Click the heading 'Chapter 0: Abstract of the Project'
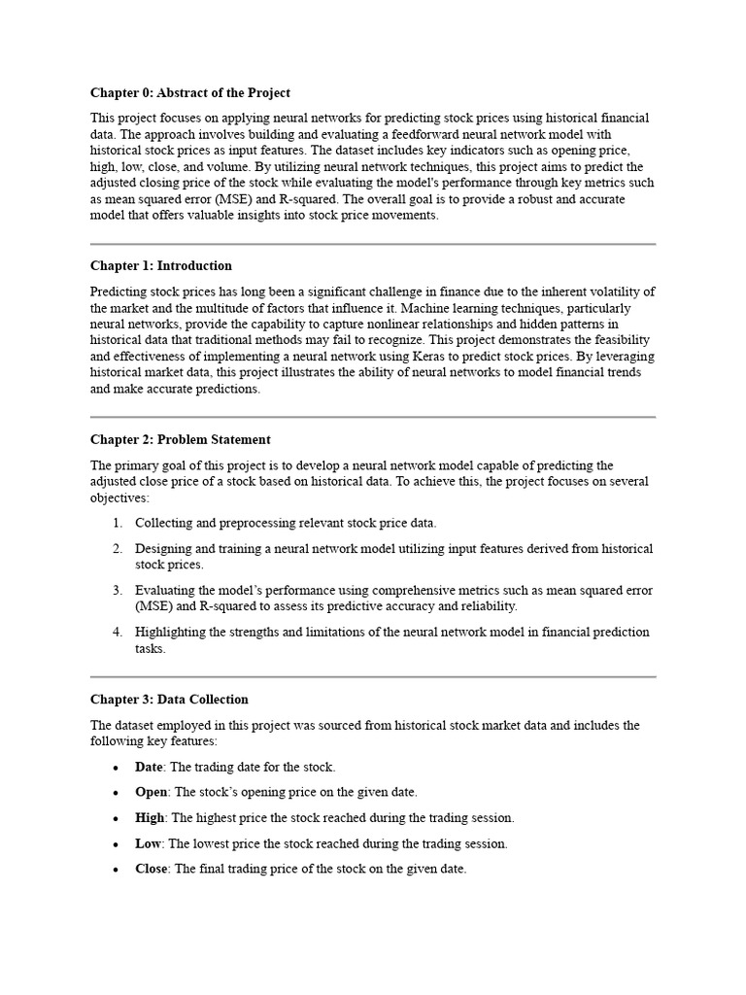click(x=190, y=93)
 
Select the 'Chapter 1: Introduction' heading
click(x=161, y=265)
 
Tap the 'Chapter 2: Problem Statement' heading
click(x=181, y=439)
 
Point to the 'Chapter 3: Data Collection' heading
click(x=169, y=699)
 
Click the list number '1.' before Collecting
click(x=117, y=523)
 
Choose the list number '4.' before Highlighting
click(x=117, y=632)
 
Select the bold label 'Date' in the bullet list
click(x=149, y=767)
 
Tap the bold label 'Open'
click(x=152, y=792)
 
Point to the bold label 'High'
click(x=150, y=818)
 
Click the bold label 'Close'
click(x=152, y=869)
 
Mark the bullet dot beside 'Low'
click(x=117, y=844)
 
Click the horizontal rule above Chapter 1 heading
click(x=373, y=244)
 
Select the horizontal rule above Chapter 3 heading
click(x=373, y=676)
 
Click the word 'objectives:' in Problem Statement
click(x=119, y=497)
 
